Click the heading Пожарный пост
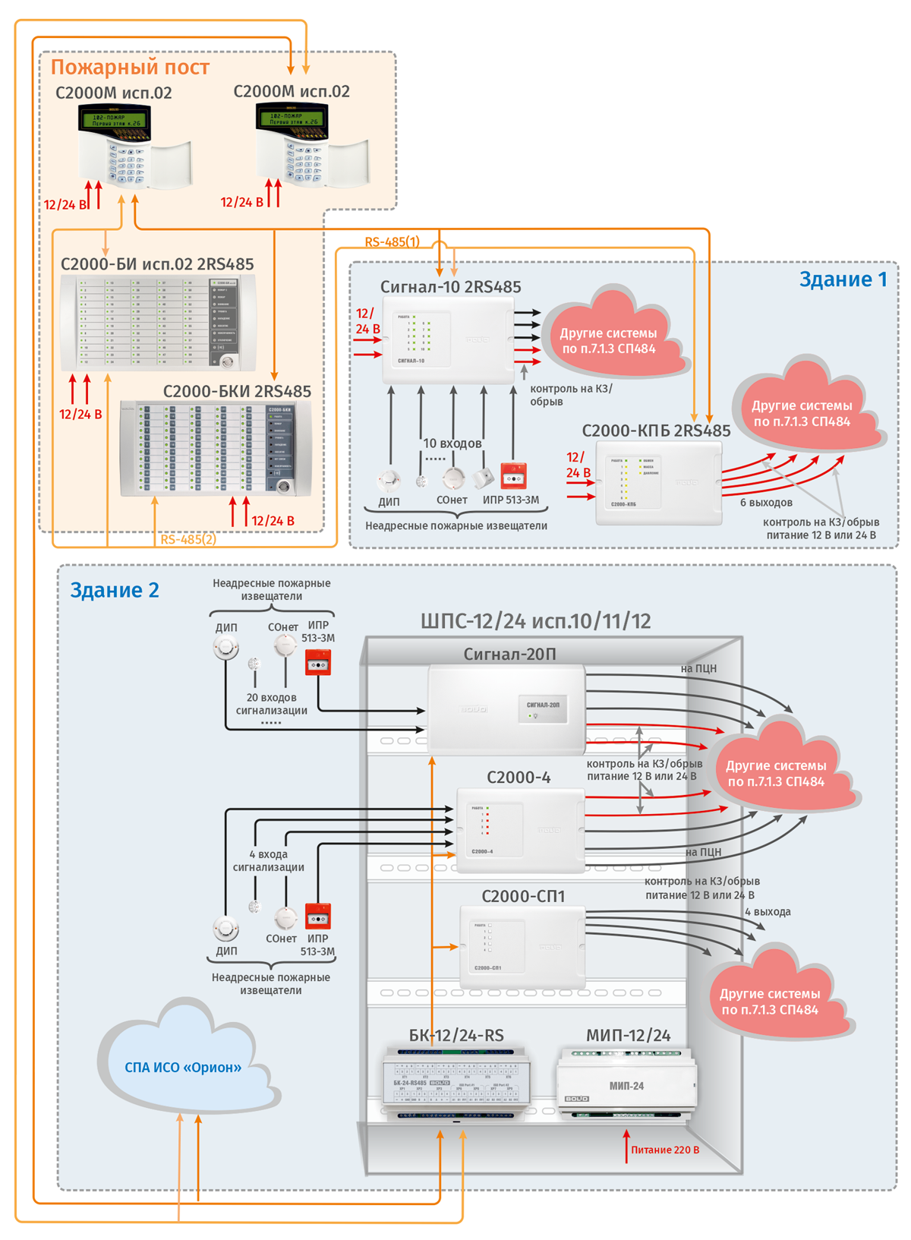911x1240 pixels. (x=130, y=68)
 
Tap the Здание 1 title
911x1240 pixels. (x=843, y=279)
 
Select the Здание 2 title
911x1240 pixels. (x=115, y=590)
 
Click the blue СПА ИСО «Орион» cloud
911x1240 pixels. (x=183, y=1067)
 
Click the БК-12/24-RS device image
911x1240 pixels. (x=455, y=1082)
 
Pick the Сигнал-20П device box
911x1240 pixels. (x=506, y=709)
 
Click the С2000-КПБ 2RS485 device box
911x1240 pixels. (x=658, y=483)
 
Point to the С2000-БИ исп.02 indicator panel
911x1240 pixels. (x=158, y=323)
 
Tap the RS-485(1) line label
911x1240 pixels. (x=392, y=242)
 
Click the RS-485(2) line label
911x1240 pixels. (x=188, y=540)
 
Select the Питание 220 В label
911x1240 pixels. (x=665, y=1150)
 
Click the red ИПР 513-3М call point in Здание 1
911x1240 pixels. (x=514, y=477)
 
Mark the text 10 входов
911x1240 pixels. (x=452, y=443)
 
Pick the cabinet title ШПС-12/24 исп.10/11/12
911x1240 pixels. (x=535, y=622)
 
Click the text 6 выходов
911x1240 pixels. (x=766, y=503)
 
